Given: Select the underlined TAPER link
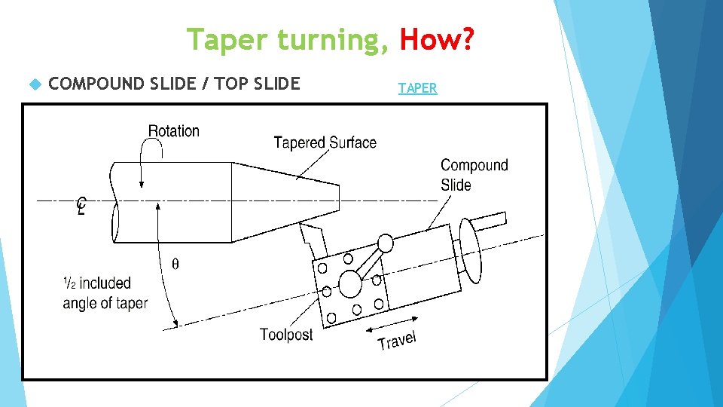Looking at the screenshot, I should click(x=417, y=88).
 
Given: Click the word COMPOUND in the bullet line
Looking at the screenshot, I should click(x=96, y=84).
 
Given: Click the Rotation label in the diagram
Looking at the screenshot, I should click(x=174, y=131).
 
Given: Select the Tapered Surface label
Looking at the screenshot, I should click(x=325, y=142).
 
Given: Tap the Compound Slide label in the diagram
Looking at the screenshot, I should click(x=474, y=175).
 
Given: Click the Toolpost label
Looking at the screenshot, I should click(x=286, y=334).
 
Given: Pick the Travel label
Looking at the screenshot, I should click(x=397, y=341).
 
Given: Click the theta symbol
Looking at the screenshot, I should click(x=175, y=264).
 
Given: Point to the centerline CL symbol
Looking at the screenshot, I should click(x=81, y=205).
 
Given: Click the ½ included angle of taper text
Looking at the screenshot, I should click(x=105, y=293).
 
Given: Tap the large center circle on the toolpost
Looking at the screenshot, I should click(x=350, y=284).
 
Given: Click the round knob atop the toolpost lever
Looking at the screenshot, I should click(x=385, y=243).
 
